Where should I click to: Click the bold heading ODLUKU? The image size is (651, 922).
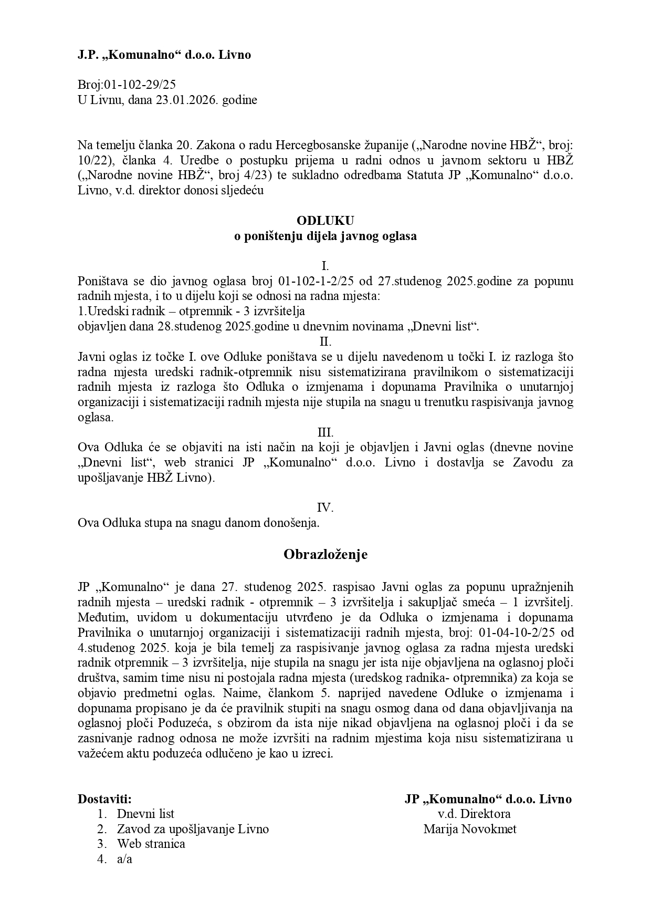coord(325,220)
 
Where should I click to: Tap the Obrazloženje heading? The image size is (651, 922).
coord(325,554)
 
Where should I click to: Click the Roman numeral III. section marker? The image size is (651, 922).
coord(325,432)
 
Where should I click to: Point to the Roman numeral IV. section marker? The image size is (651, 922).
coord(325,507)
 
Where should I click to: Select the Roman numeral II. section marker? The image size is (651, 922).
coord(325,341)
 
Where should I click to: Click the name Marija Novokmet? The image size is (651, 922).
coord(470,829)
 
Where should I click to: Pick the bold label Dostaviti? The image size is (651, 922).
coord(105,799)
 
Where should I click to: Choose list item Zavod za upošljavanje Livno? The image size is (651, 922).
coord(193,829)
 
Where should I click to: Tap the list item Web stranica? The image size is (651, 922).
coord(151,844)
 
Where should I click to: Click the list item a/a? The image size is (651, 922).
coord(124,859)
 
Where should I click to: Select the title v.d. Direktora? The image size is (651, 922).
coord(474,814)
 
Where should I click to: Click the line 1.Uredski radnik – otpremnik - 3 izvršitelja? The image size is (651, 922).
coord(191,311)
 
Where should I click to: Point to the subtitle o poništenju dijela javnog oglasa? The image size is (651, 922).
coord(325,236)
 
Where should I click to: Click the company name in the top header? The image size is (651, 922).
coord(164,55)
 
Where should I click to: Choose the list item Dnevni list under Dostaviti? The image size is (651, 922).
coord(145,814)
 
